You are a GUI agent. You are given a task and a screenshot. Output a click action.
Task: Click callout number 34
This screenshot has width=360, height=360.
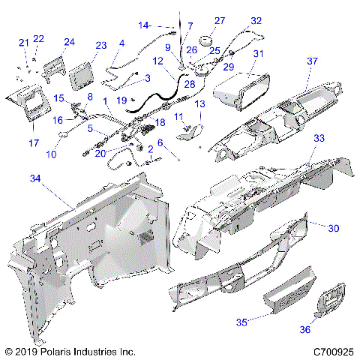point(35,178)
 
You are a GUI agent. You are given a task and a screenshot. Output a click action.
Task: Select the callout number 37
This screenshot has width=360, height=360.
point(312,61)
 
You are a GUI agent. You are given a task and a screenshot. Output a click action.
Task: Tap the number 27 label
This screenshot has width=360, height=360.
point(220,21)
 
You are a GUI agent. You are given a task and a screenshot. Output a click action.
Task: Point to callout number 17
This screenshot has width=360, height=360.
point(34,143)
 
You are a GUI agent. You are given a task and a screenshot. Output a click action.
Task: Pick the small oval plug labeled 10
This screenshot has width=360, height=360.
point(63,135)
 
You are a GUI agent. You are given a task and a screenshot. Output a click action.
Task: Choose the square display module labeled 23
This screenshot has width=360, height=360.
point(81,76)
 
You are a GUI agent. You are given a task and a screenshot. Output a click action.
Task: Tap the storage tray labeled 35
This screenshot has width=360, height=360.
point(290,290)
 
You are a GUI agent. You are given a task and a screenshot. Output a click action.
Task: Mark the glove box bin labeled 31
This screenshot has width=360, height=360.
point(241,91)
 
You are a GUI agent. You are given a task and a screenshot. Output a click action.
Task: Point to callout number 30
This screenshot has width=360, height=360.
point(334,228)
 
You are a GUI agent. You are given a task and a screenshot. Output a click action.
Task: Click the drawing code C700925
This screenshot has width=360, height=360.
point(334,352)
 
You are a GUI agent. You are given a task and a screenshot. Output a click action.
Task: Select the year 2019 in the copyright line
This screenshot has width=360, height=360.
point(26,352)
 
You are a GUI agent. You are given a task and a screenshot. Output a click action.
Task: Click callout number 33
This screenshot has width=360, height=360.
point(319,138)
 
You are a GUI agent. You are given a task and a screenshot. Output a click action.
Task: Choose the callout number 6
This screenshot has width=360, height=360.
point(160,142)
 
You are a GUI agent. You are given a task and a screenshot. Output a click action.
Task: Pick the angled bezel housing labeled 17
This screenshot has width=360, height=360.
point(28,103)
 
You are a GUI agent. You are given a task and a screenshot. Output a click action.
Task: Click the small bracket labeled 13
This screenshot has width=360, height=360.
point(190,132)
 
